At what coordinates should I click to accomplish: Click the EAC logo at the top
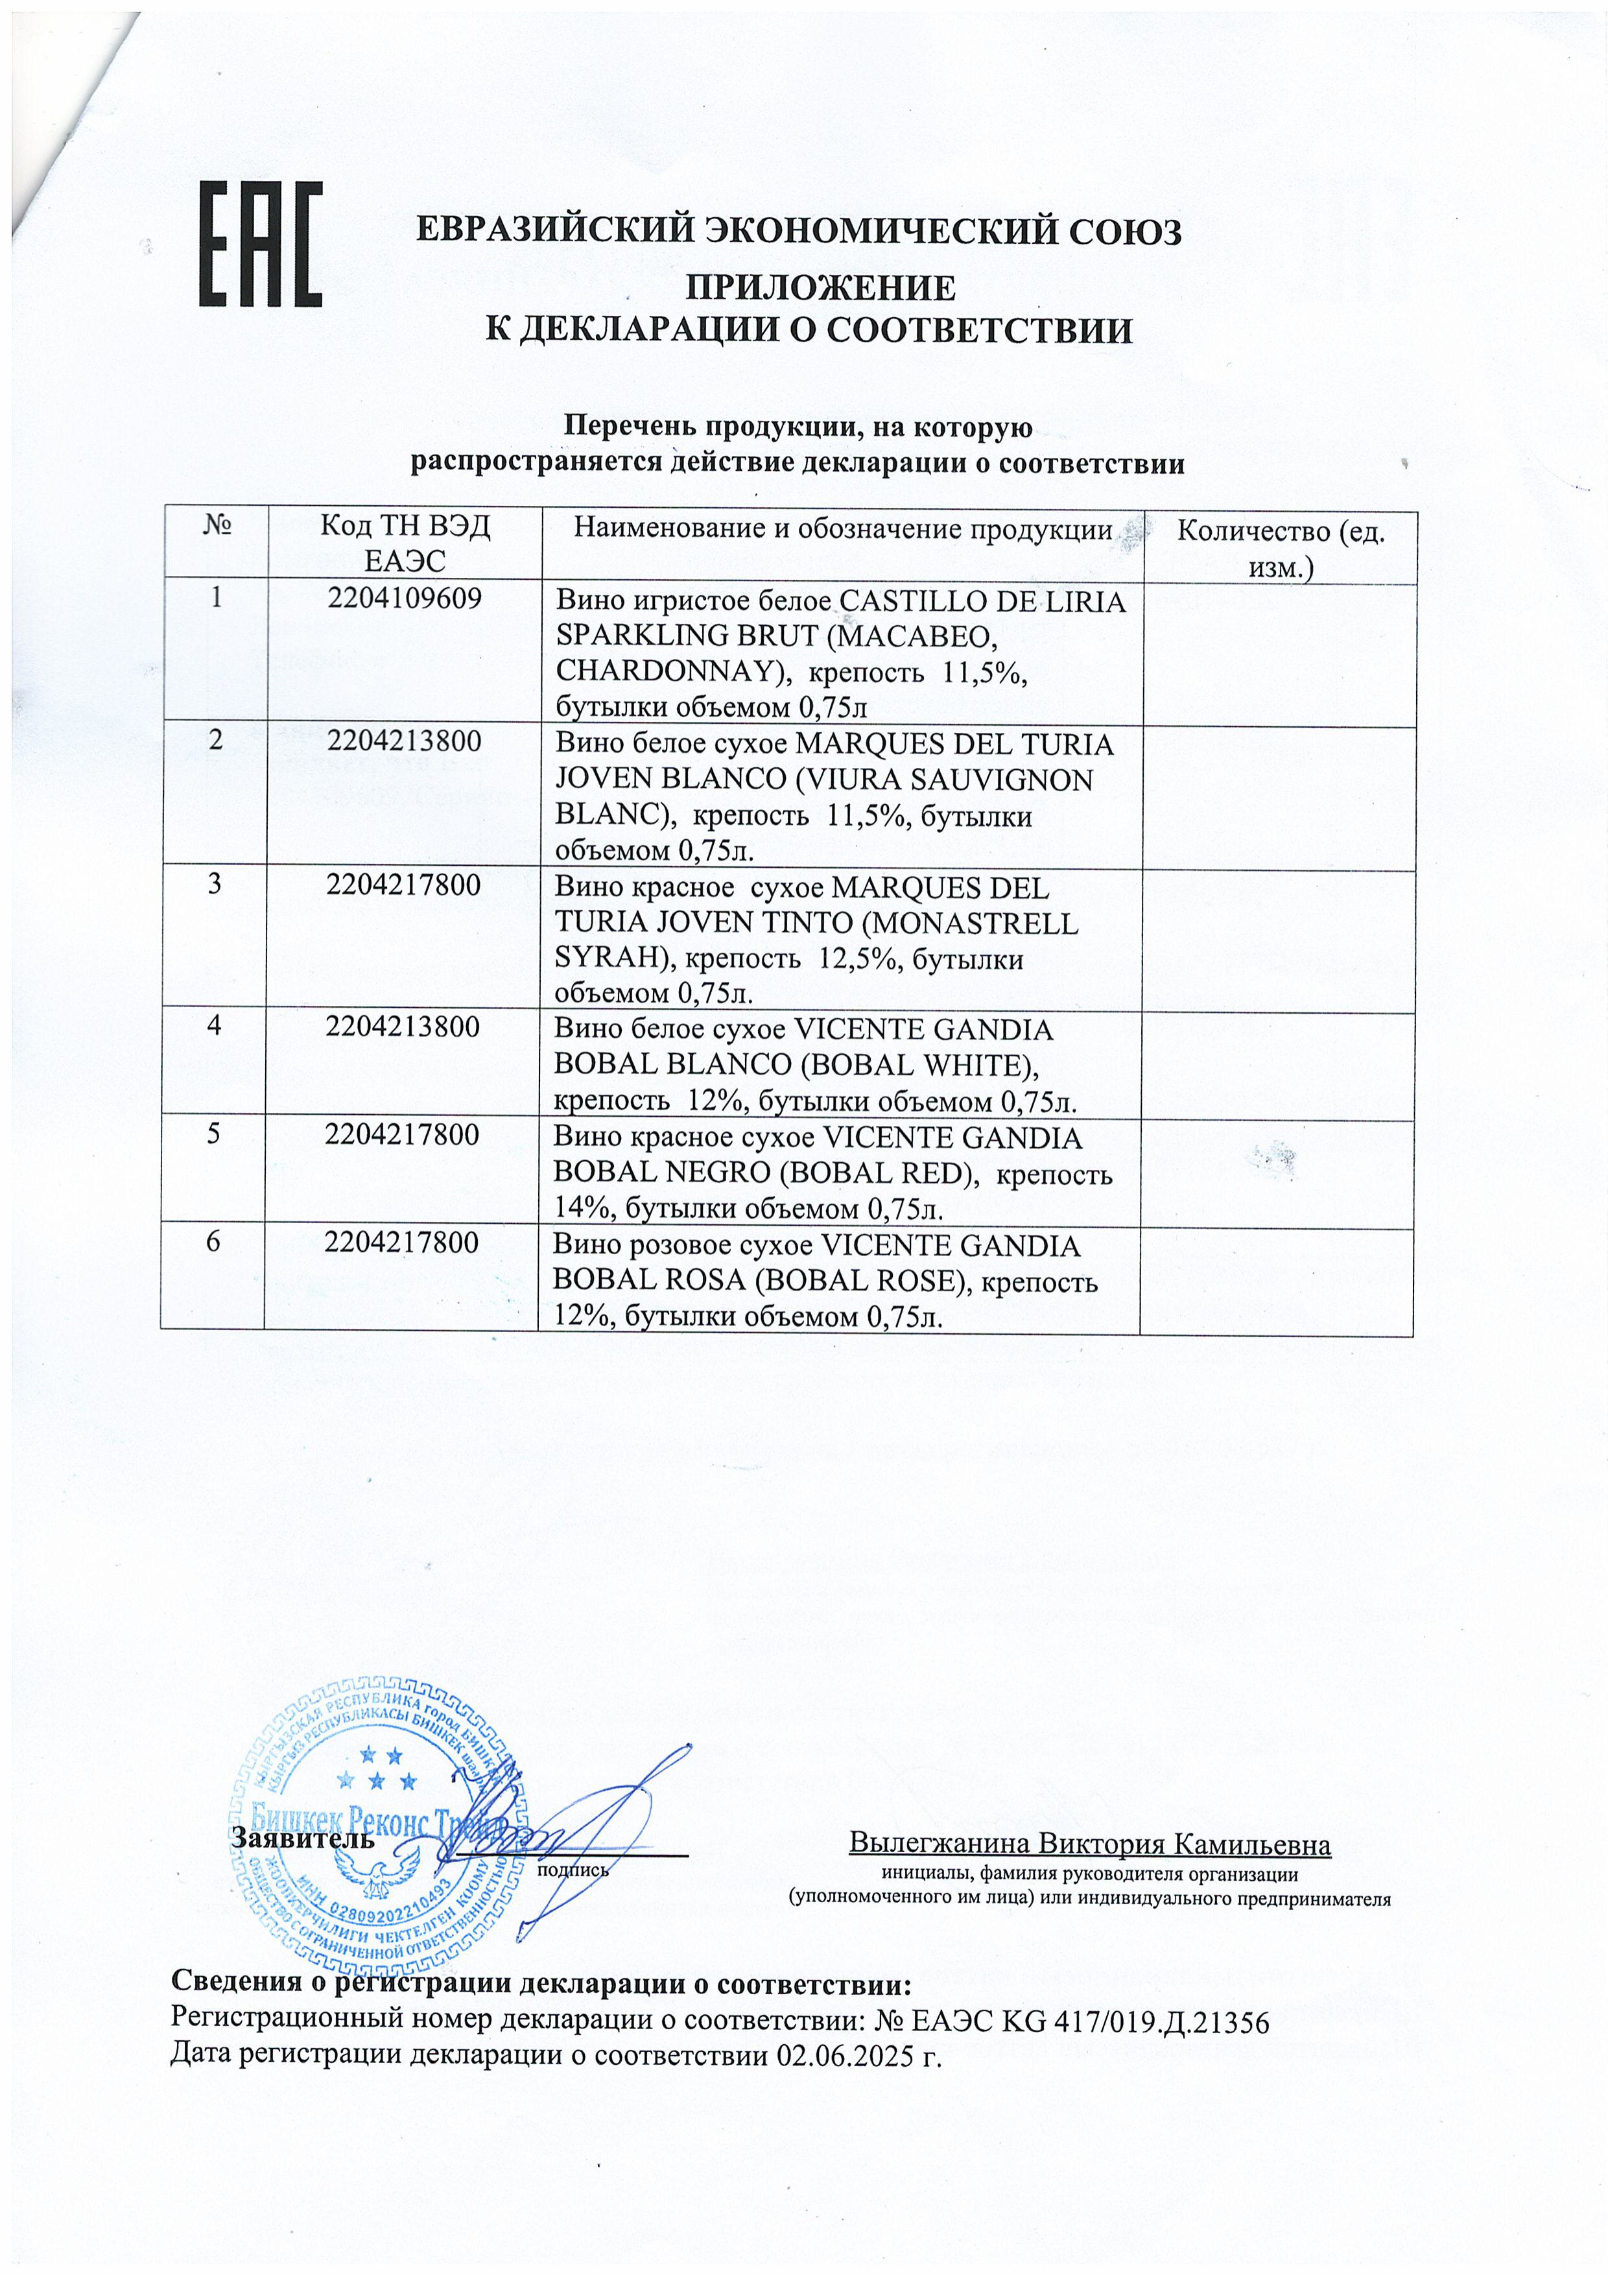pyautogui.click(x=261, y=244)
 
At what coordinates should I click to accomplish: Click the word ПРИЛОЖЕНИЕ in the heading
pyautogui.click(x=822, y=289)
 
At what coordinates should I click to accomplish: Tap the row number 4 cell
pyautogui.click(x=213, y=1027)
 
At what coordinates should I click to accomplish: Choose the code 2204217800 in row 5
pyautogui.click(x=405, y=1134)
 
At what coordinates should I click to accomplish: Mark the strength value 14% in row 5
pyautogui.click(x=574, y=1207)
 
